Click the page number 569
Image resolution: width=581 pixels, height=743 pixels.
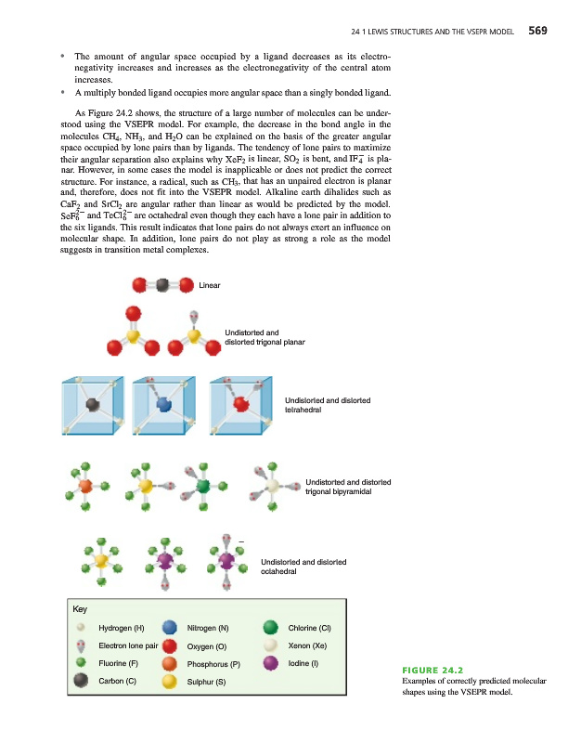click(x=537, y=31)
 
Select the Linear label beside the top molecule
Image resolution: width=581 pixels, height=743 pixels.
click(x=210, y=284)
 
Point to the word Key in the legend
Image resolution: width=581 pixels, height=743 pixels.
click(x=80, y=609)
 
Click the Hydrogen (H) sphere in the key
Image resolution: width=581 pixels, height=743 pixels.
click(x=82, y=629)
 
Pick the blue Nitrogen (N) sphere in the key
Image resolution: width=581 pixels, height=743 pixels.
click(x=170, y=629)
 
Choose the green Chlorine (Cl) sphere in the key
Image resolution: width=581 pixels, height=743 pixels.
click(x=271, y=629)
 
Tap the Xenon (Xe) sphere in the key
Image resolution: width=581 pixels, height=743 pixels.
click(x=271, y=645)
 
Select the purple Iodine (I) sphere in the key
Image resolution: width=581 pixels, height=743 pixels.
click(x=271, y=663)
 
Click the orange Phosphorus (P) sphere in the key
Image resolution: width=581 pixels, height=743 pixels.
click(x=170, y=664)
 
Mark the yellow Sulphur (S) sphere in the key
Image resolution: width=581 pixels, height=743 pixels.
click(x=170, y=682)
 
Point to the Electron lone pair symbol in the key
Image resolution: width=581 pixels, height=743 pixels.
click(x=82, y=646)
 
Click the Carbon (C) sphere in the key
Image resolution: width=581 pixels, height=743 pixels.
click(x=82, y=682)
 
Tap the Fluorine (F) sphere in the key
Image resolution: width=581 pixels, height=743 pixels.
click(x=82, y=663)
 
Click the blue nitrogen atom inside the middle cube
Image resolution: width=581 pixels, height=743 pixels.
click(x=164, y=404)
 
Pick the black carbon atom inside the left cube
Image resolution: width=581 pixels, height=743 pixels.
click(x=92, y=404)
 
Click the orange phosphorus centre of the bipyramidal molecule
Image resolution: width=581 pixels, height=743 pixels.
click(x=84, y=485)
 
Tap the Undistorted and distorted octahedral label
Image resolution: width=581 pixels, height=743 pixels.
click(x=303, y=567)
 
